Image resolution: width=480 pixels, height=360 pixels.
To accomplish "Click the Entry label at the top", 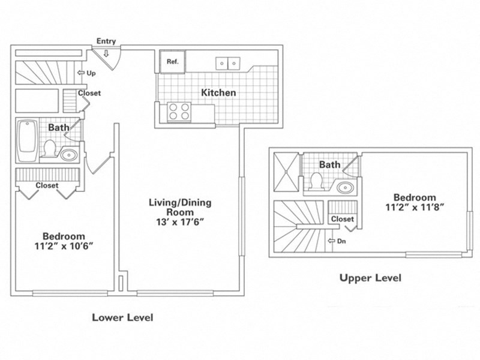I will (x=106, y=41).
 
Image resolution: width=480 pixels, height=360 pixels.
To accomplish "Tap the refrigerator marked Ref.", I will (x=172, y=62).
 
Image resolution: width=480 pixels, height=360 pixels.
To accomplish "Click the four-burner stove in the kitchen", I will (x=178, y=112).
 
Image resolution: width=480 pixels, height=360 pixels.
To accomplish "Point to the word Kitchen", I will (x=218, y=93).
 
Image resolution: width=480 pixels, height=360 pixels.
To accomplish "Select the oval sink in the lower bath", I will (x=68, y=155).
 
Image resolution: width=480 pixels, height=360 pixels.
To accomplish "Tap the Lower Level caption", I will (x=122, y=317).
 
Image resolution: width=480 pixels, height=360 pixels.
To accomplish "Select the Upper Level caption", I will (x=370, y=278).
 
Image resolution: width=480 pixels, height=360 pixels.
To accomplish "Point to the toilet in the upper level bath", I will (x=316, y=180).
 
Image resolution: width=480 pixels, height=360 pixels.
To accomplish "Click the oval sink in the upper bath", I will (x=346, y=188).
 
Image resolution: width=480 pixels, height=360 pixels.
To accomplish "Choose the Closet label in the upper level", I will (x=342, y=219).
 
